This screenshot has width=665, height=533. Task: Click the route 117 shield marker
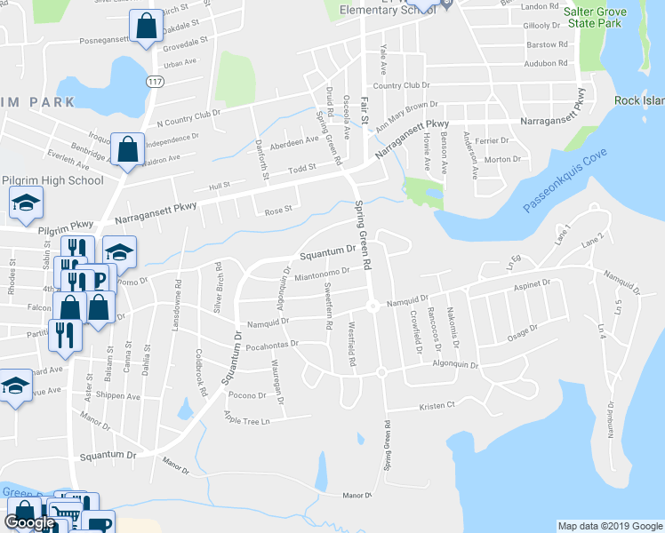[x=154, y=81]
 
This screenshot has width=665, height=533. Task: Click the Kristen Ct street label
[x=437, y=405]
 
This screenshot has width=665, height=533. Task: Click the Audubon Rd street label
[x=546, y=64]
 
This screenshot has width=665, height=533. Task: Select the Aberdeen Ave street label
[x=294, y=141]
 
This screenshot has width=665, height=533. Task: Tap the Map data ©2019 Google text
[x=609, y=526]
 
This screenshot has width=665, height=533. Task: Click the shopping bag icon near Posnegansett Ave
[x=145, y=27]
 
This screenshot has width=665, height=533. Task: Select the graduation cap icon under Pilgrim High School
[x=26, y=203]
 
